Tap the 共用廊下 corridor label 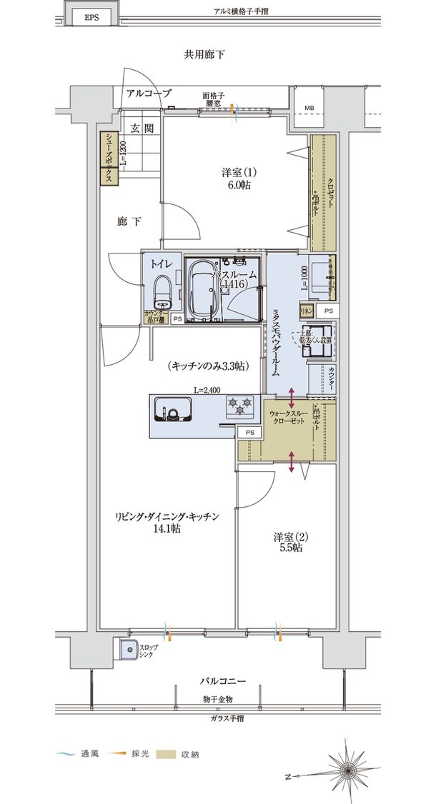coord(205,54)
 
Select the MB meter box coord(309,109)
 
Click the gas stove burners coord(241,408)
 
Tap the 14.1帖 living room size coord(164,528)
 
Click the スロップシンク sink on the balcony coord(129,650)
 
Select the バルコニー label coord(222,682)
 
